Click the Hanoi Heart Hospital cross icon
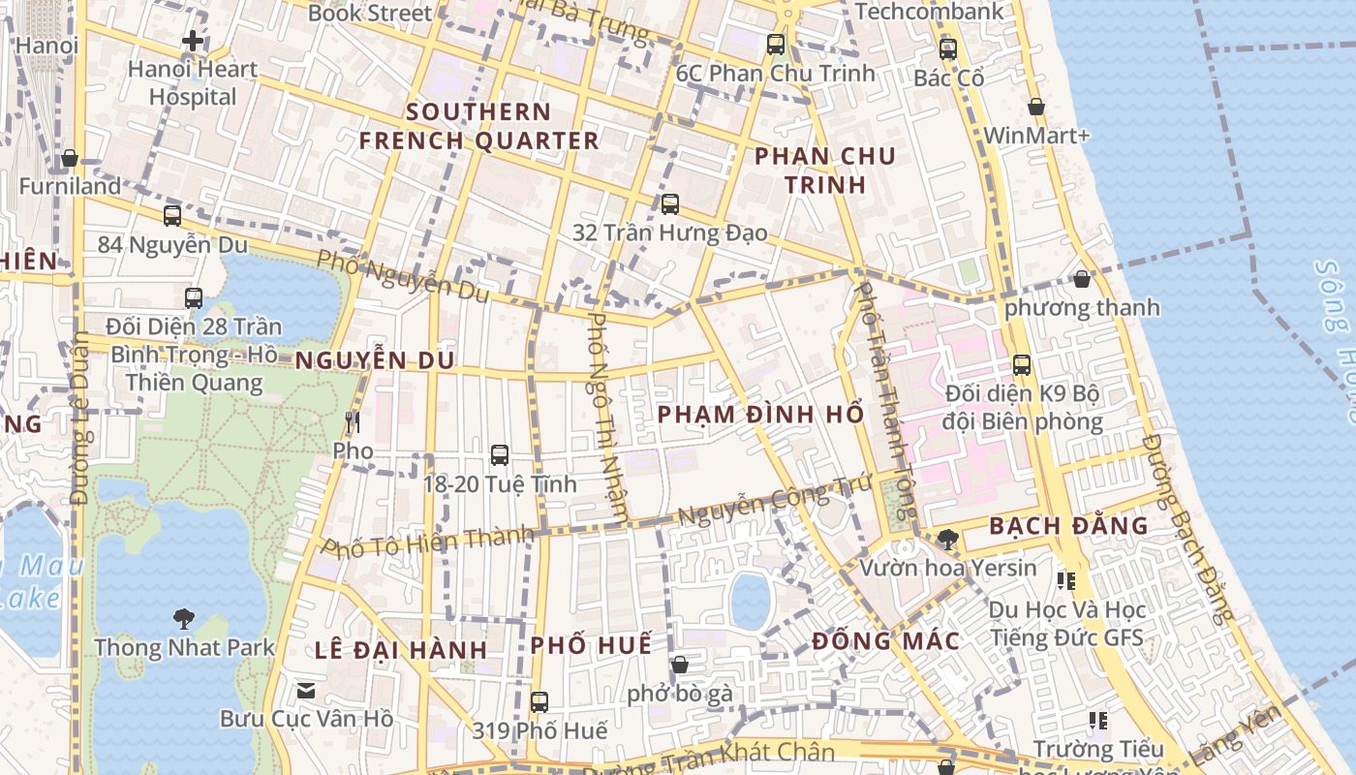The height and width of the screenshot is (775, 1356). tap(193, 41)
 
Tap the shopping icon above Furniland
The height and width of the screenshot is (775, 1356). tap(70, 158)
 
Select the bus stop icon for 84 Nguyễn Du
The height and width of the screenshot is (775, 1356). tap(172, 216)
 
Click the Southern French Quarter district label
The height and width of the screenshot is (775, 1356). tap(479, 126)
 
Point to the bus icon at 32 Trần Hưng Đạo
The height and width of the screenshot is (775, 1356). tap(669, 204)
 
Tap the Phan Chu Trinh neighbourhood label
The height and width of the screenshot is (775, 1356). tap(825, 170)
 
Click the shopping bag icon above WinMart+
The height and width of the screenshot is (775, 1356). tap(1035, 107)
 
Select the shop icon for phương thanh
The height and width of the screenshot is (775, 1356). tap(1082, 280)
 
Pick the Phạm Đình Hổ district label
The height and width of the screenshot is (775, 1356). tap(760, 415)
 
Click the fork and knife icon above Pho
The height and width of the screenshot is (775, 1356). tap(353, 422)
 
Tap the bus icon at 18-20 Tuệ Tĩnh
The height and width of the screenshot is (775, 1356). tap(500, 454)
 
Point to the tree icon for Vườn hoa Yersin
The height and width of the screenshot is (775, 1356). tap(948, 540)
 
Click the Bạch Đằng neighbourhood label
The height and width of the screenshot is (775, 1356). tap(1068, 526)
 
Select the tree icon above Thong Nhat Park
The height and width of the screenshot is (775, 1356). tap(183, 618)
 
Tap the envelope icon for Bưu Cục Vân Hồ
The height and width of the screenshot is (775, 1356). tap(306, 691)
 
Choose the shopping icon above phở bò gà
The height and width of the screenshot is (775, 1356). tap(680, 665)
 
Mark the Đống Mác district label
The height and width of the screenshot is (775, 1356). tap(885, 640)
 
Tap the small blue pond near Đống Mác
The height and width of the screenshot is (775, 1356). tap(750, 600)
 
